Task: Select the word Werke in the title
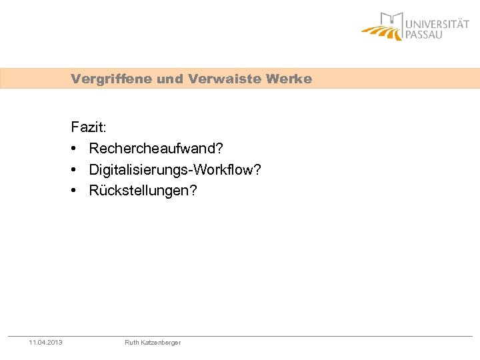point(288,79)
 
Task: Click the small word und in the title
point(170,79)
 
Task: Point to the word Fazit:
point(89,127)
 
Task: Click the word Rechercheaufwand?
point(155,148)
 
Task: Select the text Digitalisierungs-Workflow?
point(175,170)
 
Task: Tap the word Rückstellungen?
point(143,191)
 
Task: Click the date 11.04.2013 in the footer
point(46,343)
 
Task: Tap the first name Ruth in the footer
point(132,343)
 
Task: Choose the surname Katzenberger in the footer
point(161,343)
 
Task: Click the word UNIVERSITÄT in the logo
point(437,24)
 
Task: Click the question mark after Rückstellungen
point(193,191)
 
